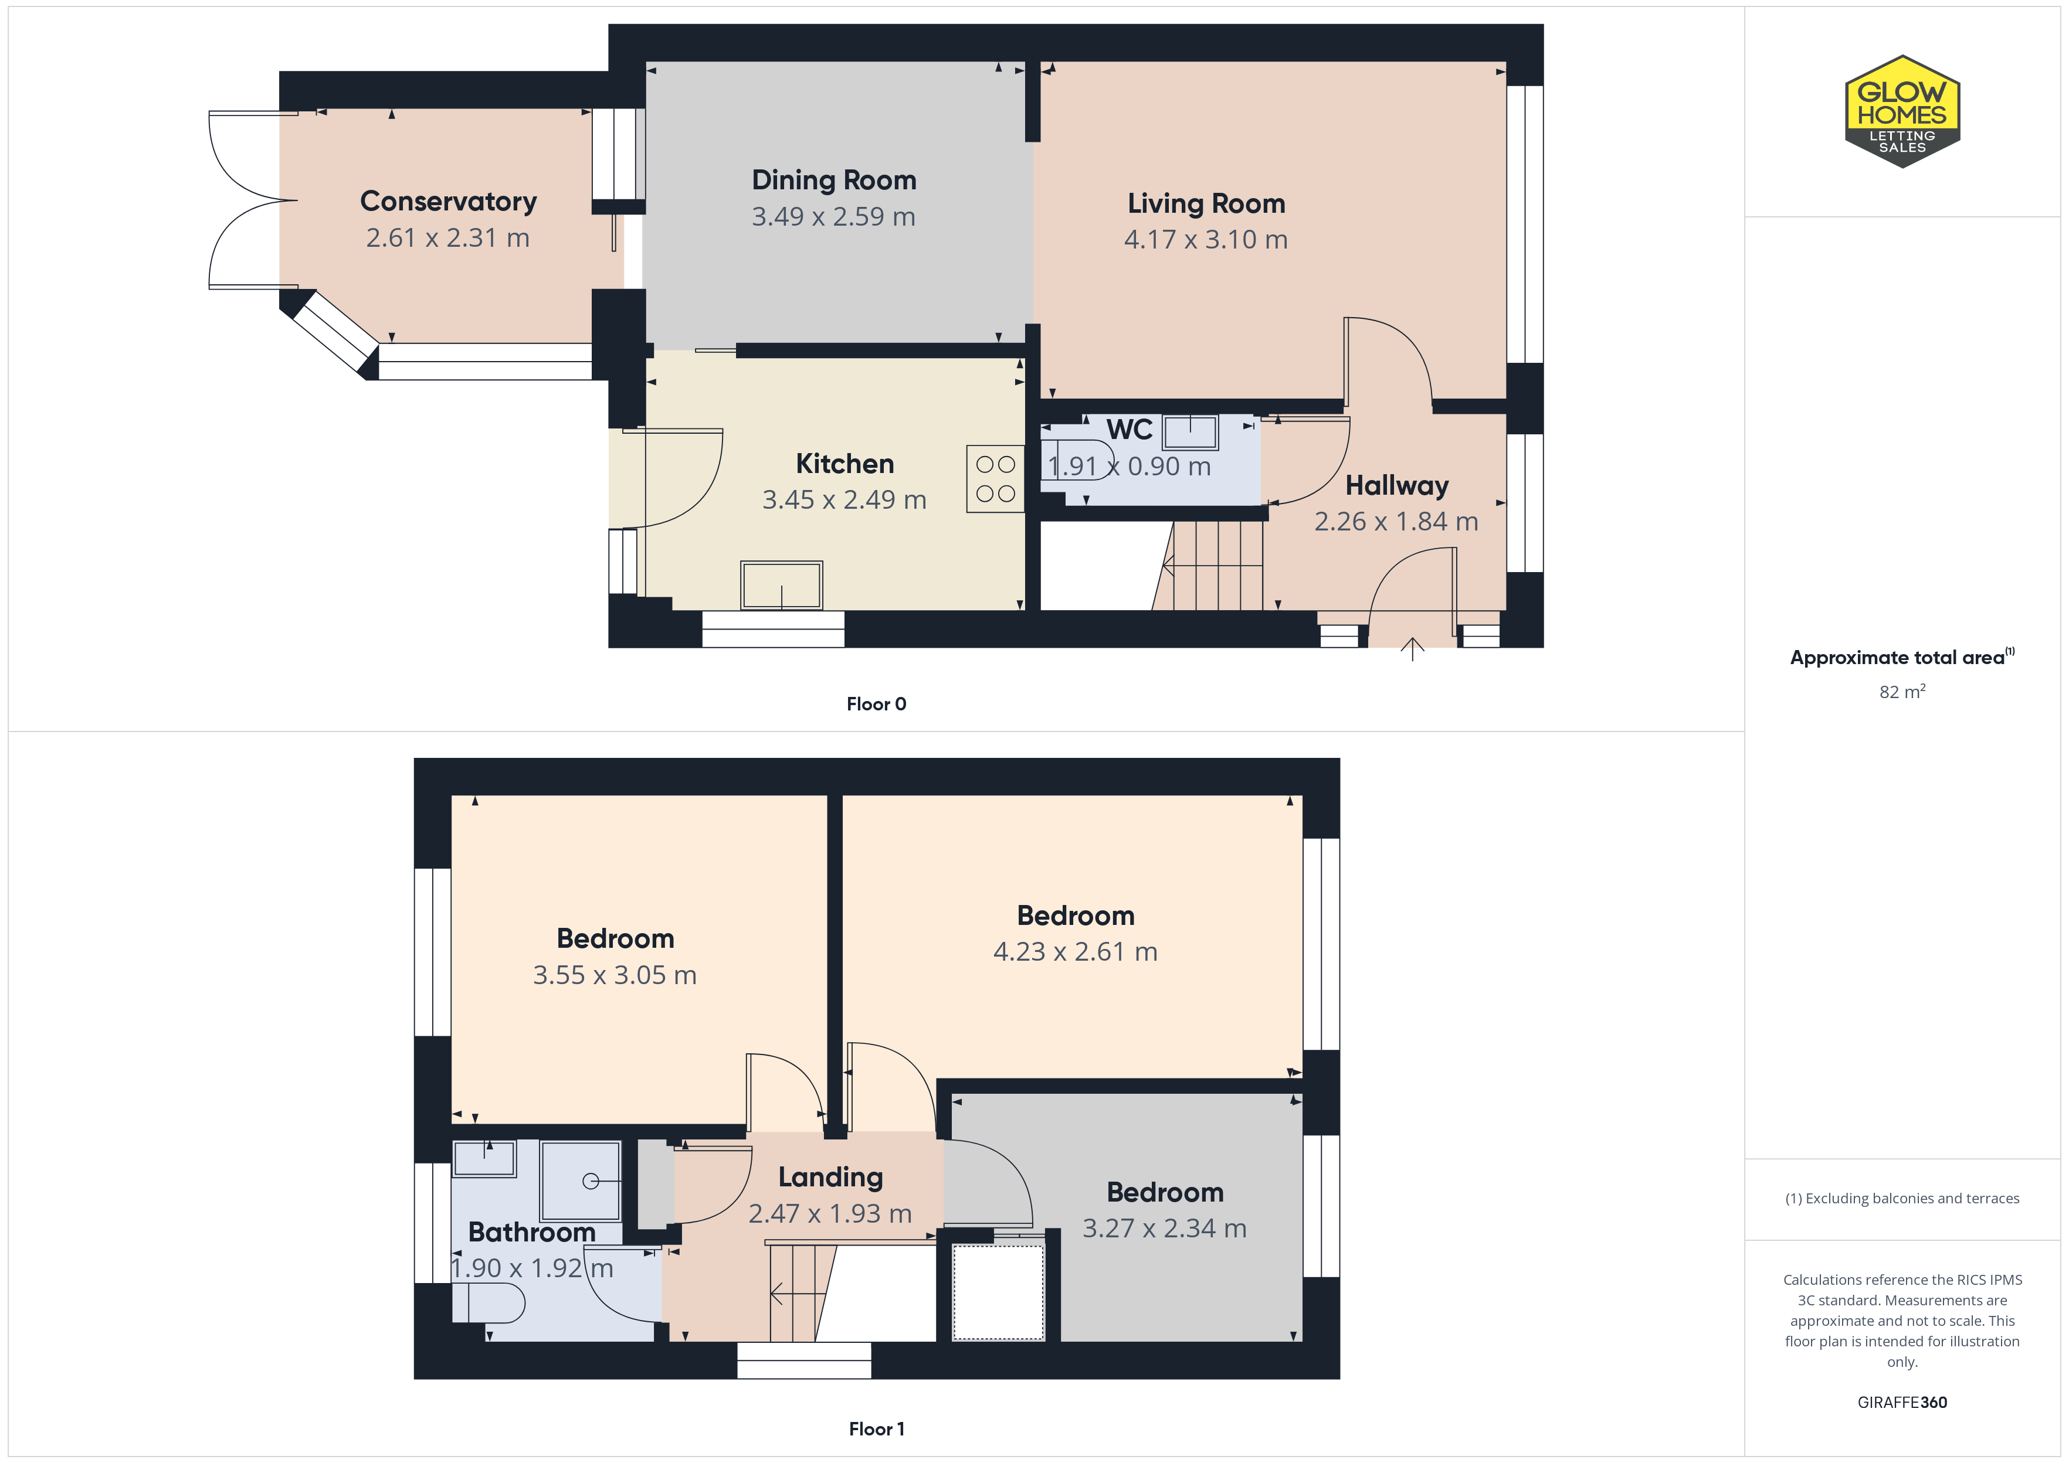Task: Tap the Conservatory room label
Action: (x=448, y=201)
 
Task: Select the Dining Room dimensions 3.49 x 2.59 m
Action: (x=833, y=217)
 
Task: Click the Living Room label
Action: (x=1206, y=203)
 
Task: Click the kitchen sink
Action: (x=781, y=586)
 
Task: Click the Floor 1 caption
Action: (x=876, y=1429)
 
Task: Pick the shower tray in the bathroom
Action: (x=581, y=1180)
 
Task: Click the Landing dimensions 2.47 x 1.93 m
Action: (x=830, y=1213)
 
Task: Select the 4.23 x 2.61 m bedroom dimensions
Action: (x=1075, y=952)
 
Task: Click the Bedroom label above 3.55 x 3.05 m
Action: (x=615, y=938)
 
